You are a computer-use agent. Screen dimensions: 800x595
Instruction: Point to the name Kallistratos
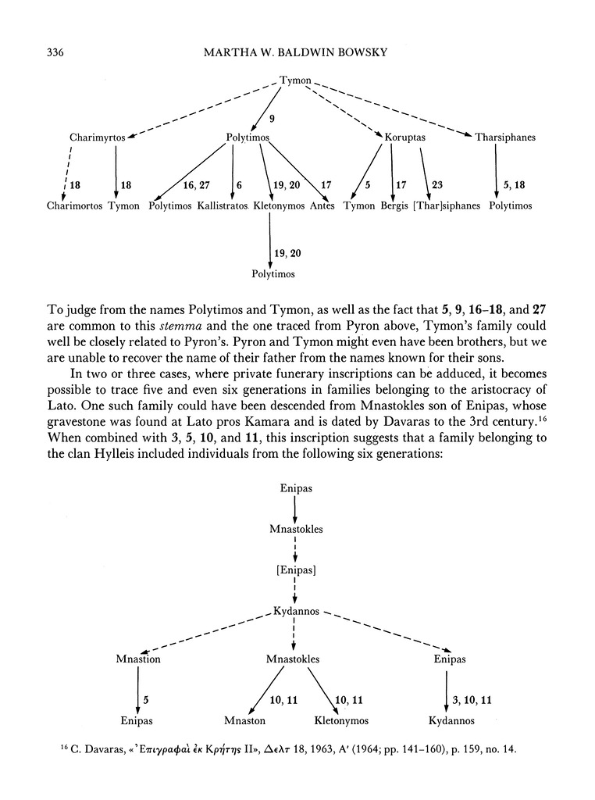pos(223,206)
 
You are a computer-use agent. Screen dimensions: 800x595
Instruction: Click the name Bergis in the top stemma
pos(395,206)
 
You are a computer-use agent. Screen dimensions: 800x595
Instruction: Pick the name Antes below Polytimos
pos(322,206)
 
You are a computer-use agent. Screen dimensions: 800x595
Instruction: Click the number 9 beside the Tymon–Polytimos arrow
pos(271,120)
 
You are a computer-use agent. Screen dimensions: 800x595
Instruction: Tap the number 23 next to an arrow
pos(436,185)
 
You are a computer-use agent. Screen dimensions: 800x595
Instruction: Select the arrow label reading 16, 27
pos(195,185)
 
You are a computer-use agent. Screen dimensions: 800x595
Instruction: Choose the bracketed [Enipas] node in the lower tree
pos(296,570)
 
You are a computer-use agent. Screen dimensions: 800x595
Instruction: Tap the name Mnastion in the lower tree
pos(138,659)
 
